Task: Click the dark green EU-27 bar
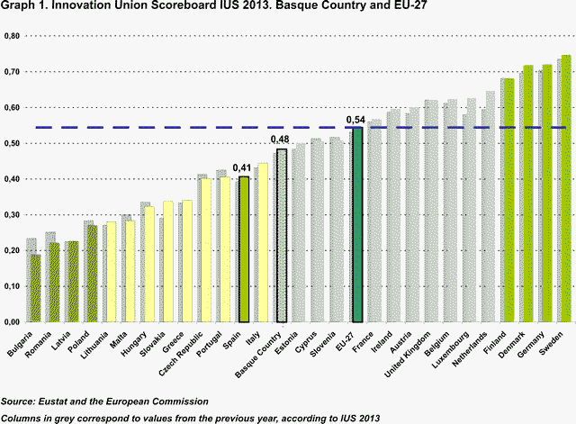pos(357,225)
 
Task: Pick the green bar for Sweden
pos(566,189)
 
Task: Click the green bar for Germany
pos(547,194)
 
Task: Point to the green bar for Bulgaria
pos(34,288)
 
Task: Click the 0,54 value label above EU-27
pos(356,120)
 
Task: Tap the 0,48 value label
pos(281,140)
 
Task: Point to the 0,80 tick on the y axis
pos(13,36)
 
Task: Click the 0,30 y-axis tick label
pos(13,214)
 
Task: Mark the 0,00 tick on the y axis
pos(13,321)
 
